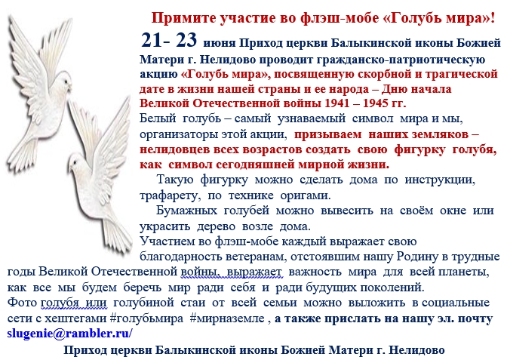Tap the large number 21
click(x=151, y=41)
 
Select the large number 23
click(x=186, y=41)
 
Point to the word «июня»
click(x=220, y=43)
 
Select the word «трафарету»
click(x=170, y=196)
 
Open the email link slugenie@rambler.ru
click(x=69, y=334)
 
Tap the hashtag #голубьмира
click(x=146, y=319)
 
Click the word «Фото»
click(x=22, y=303)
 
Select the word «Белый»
click(x=158, y=118)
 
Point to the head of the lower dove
click(x=78, y=164)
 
